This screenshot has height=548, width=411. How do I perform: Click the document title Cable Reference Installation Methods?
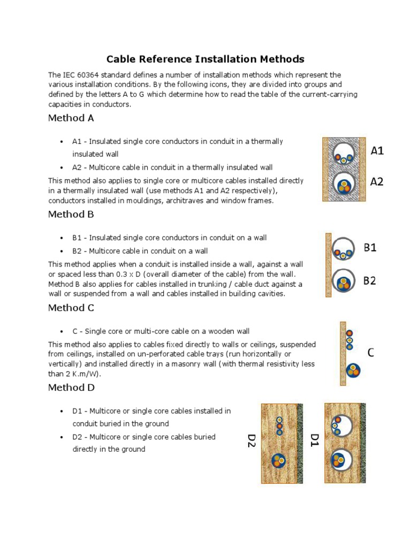click(205, 59)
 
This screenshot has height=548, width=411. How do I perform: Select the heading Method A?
click(71, 118)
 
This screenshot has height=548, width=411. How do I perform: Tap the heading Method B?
click(71, 214)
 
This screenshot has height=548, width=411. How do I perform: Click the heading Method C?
click(71, 308)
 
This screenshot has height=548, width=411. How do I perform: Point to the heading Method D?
click(71, 387)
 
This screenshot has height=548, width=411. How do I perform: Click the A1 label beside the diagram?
click(377, 151)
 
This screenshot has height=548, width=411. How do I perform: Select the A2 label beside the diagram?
click(377, 182)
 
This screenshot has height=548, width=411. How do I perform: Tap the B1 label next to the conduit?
click(370, 248)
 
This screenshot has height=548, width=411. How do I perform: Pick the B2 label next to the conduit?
click(370, 280)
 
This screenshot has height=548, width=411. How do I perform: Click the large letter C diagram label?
click(370, 353)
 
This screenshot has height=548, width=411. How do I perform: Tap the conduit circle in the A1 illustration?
click(344, 155)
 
